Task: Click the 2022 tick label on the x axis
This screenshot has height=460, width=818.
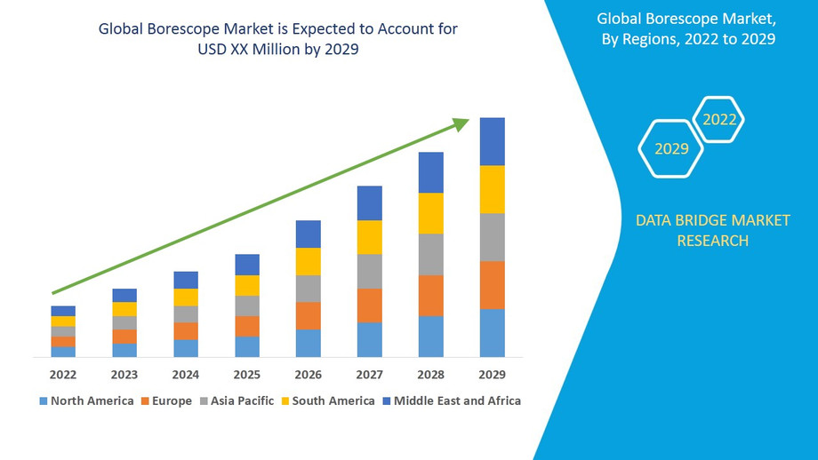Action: point(63,375)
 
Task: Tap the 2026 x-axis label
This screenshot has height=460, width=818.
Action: point(309,375)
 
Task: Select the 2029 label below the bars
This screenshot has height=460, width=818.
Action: point(493,375)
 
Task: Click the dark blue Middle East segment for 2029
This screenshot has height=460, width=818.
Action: point(493,141)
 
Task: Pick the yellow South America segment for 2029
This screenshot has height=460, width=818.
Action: point(493,189)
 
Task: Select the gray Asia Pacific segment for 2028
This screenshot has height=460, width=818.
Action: point(431,254)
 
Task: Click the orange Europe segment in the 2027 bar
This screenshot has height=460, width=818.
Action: point(370,305)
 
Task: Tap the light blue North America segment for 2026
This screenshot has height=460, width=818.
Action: point(309,343)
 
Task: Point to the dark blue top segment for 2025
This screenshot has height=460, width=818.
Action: point(247,265)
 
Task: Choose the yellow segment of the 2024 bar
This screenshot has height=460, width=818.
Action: point(186,297)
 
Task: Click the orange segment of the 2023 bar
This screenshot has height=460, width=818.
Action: point(124,337)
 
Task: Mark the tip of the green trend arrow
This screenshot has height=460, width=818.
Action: point(467,120)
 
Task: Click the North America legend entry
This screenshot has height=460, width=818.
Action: point(86,401)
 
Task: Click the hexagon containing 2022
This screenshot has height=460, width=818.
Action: point(718,119)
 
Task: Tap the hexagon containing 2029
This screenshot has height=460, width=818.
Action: point(671,148)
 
